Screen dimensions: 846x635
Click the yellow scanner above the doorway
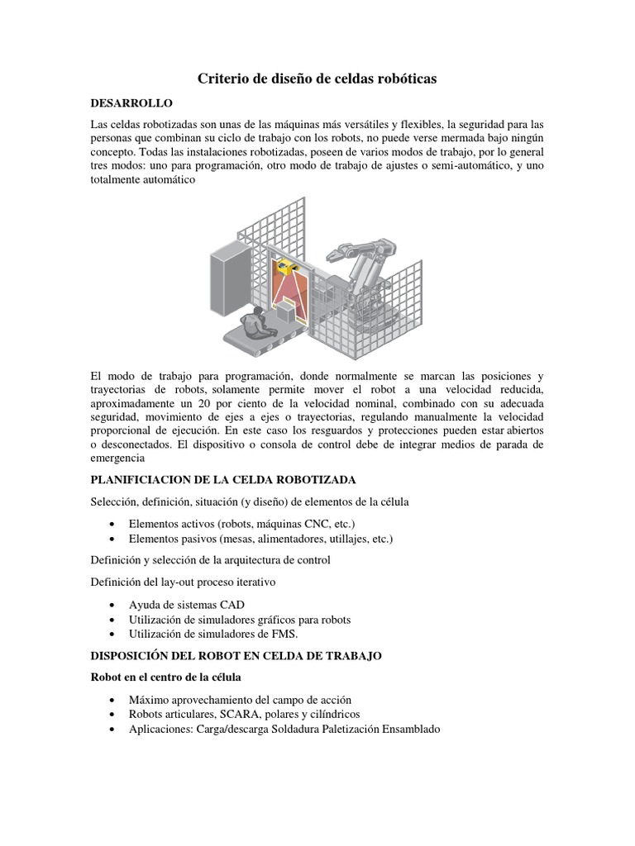pyautogui.click(x=287, y=265)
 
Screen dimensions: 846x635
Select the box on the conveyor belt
pyautogui.click(x=285, y=312)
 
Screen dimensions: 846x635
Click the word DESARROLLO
pyautogui.click(x=131, y=103)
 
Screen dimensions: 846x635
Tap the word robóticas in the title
pyautogui.click(x=403, y=79)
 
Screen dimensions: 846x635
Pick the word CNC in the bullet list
pyautogui.click(x=313, y=524)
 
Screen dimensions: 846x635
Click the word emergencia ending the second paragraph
pyautogui.click(x=117, y=458)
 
